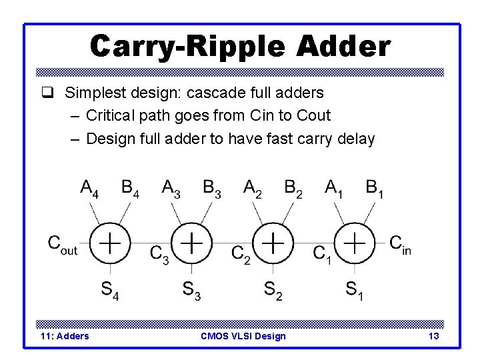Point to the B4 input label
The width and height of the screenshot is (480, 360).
131,189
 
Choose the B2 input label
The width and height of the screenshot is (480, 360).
293,189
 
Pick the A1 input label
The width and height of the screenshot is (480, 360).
334,189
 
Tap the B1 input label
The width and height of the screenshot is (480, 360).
375,189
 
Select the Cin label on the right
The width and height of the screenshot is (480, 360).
401,244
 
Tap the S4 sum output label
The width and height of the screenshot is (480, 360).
109,290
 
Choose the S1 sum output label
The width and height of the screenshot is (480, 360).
354,290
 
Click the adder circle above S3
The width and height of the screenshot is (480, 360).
191,243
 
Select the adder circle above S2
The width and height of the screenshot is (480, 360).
273,243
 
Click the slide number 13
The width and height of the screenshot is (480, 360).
433,336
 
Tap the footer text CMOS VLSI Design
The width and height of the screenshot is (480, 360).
243,336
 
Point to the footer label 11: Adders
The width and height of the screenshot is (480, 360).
65,336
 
